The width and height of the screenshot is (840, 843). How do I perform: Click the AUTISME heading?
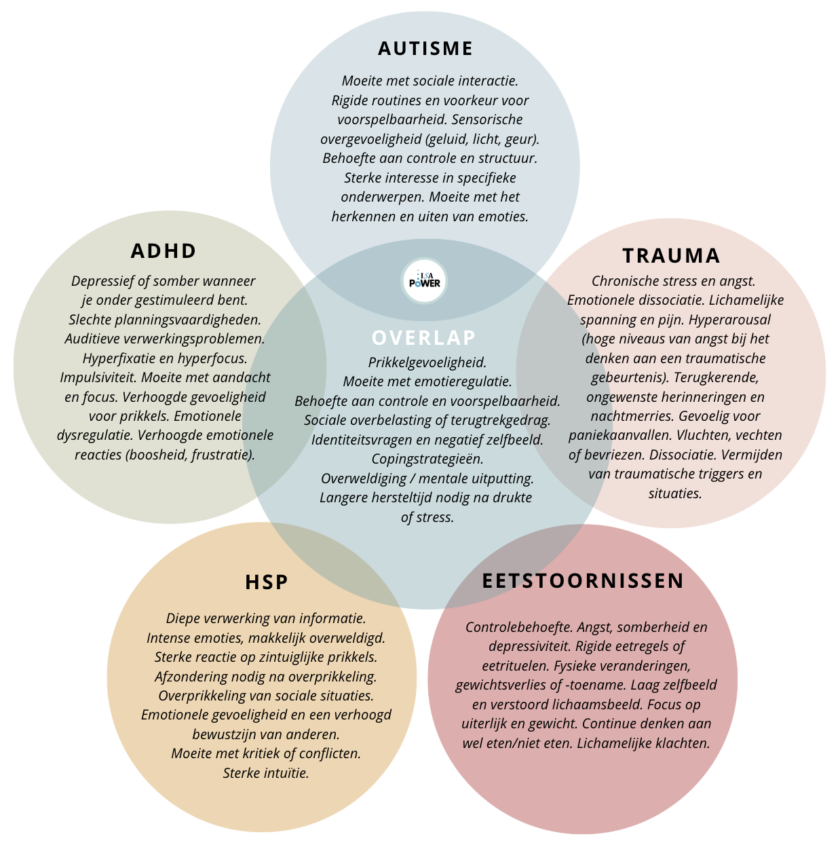425,49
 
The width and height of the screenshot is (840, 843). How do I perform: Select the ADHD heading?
164,251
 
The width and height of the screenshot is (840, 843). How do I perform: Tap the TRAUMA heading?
671,256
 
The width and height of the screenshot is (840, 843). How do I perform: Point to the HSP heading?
267,582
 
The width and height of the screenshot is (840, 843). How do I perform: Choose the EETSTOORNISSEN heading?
583,581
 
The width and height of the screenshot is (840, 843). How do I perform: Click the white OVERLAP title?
424,337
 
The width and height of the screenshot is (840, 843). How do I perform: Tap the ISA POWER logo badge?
425,280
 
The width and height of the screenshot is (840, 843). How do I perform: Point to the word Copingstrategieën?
427,459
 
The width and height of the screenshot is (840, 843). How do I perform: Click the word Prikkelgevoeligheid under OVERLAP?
427,362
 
